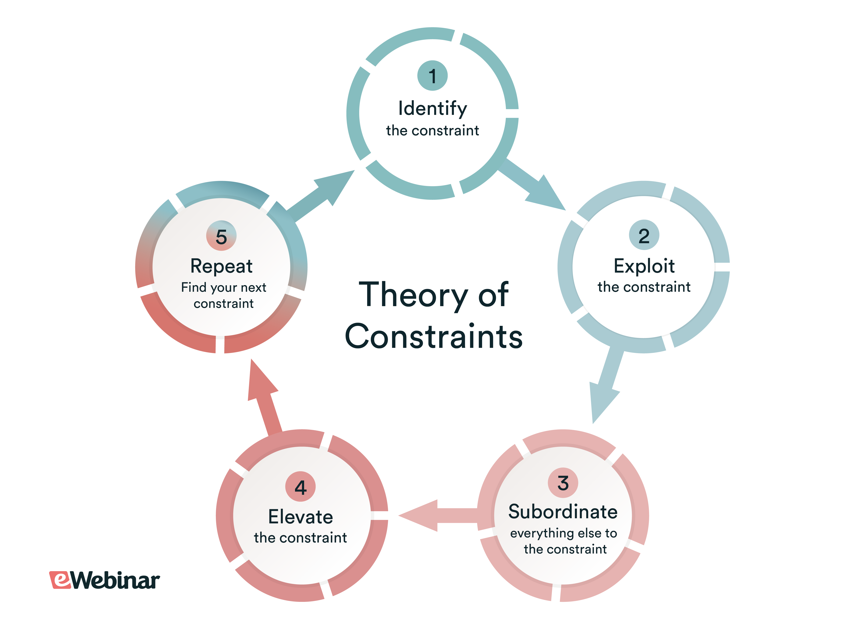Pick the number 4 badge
click(x=301, y=486)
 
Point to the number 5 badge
click(x=221, y=236)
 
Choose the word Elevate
click(x=301, y=517)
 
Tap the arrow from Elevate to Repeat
click(x=264, y=398)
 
